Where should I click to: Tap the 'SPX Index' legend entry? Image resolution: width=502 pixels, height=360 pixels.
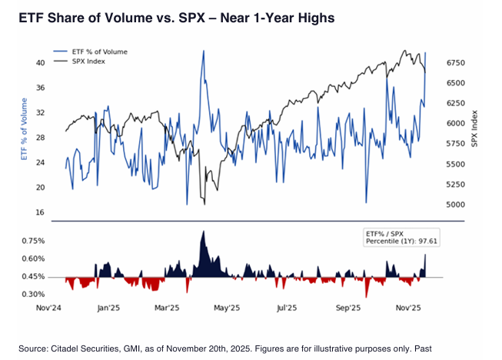(x=91, y=61)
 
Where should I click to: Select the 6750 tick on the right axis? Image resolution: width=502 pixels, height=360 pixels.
(x=457, y=62)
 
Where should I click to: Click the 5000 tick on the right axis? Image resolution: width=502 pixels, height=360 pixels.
(x=457, y=205)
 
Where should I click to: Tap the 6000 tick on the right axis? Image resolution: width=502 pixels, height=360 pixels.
(x=457, y=124)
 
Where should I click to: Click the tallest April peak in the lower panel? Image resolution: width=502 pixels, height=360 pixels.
(x=203, y=232)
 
